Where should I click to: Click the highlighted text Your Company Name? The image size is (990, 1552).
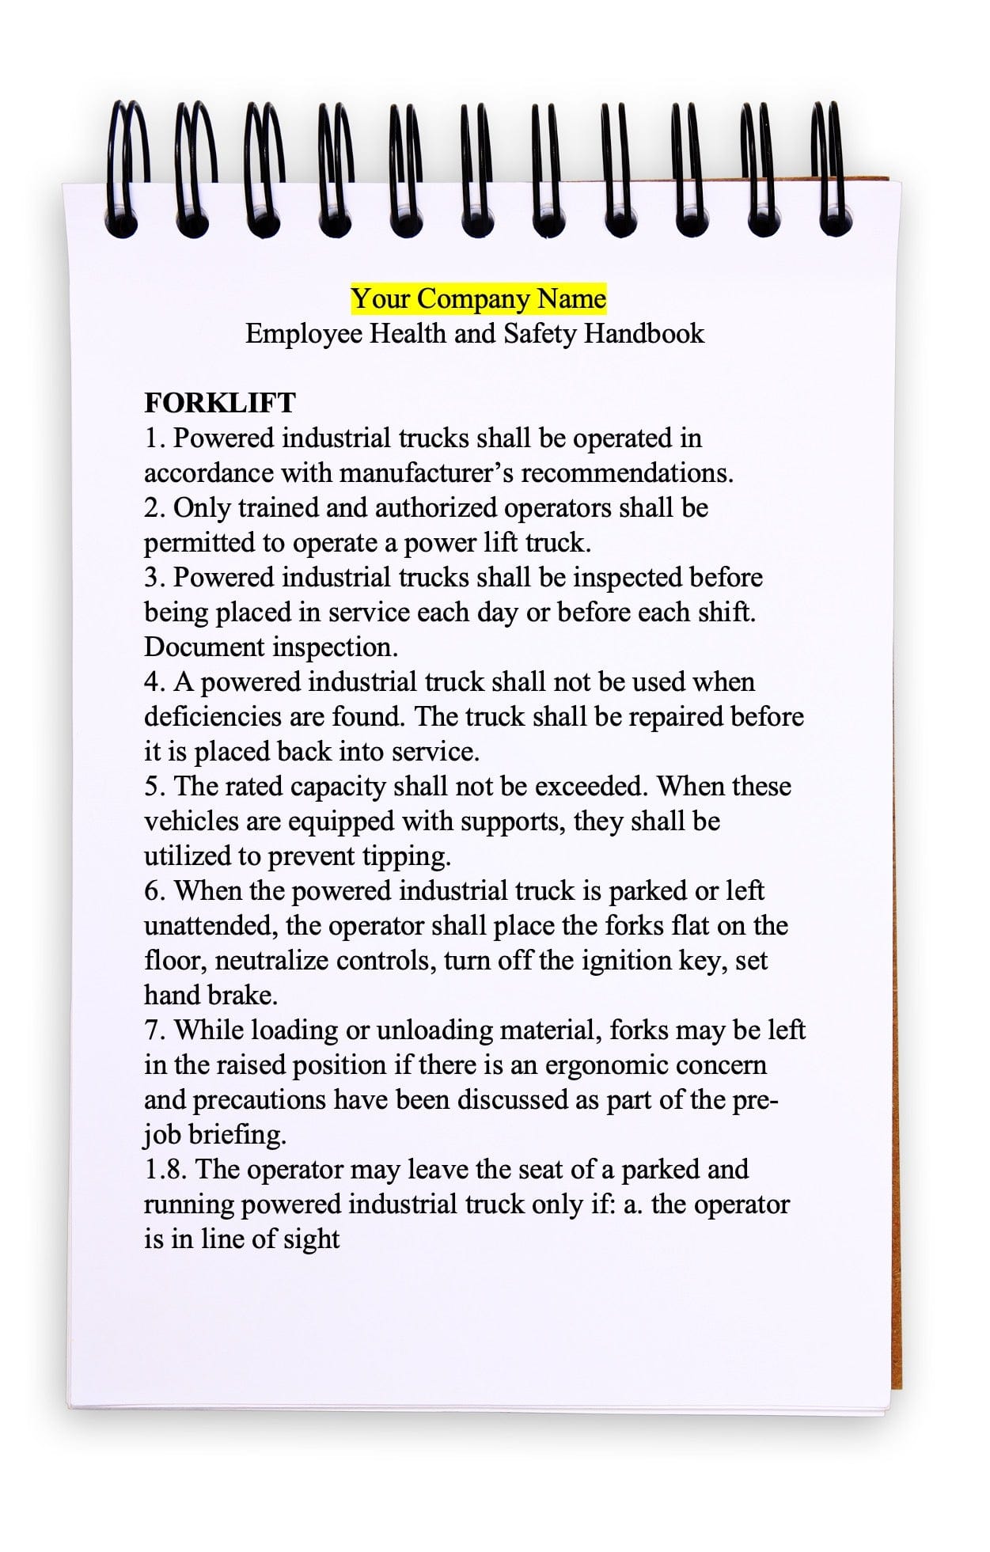(479, 299)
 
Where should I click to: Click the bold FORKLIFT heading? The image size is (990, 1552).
(219, 403)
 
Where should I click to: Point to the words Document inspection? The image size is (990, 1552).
(271, 647)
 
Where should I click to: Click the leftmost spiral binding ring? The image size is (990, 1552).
(127, 170)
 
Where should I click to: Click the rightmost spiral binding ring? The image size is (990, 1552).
(833, 170)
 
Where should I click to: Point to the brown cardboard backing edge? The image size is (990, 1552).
(897, 791)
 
